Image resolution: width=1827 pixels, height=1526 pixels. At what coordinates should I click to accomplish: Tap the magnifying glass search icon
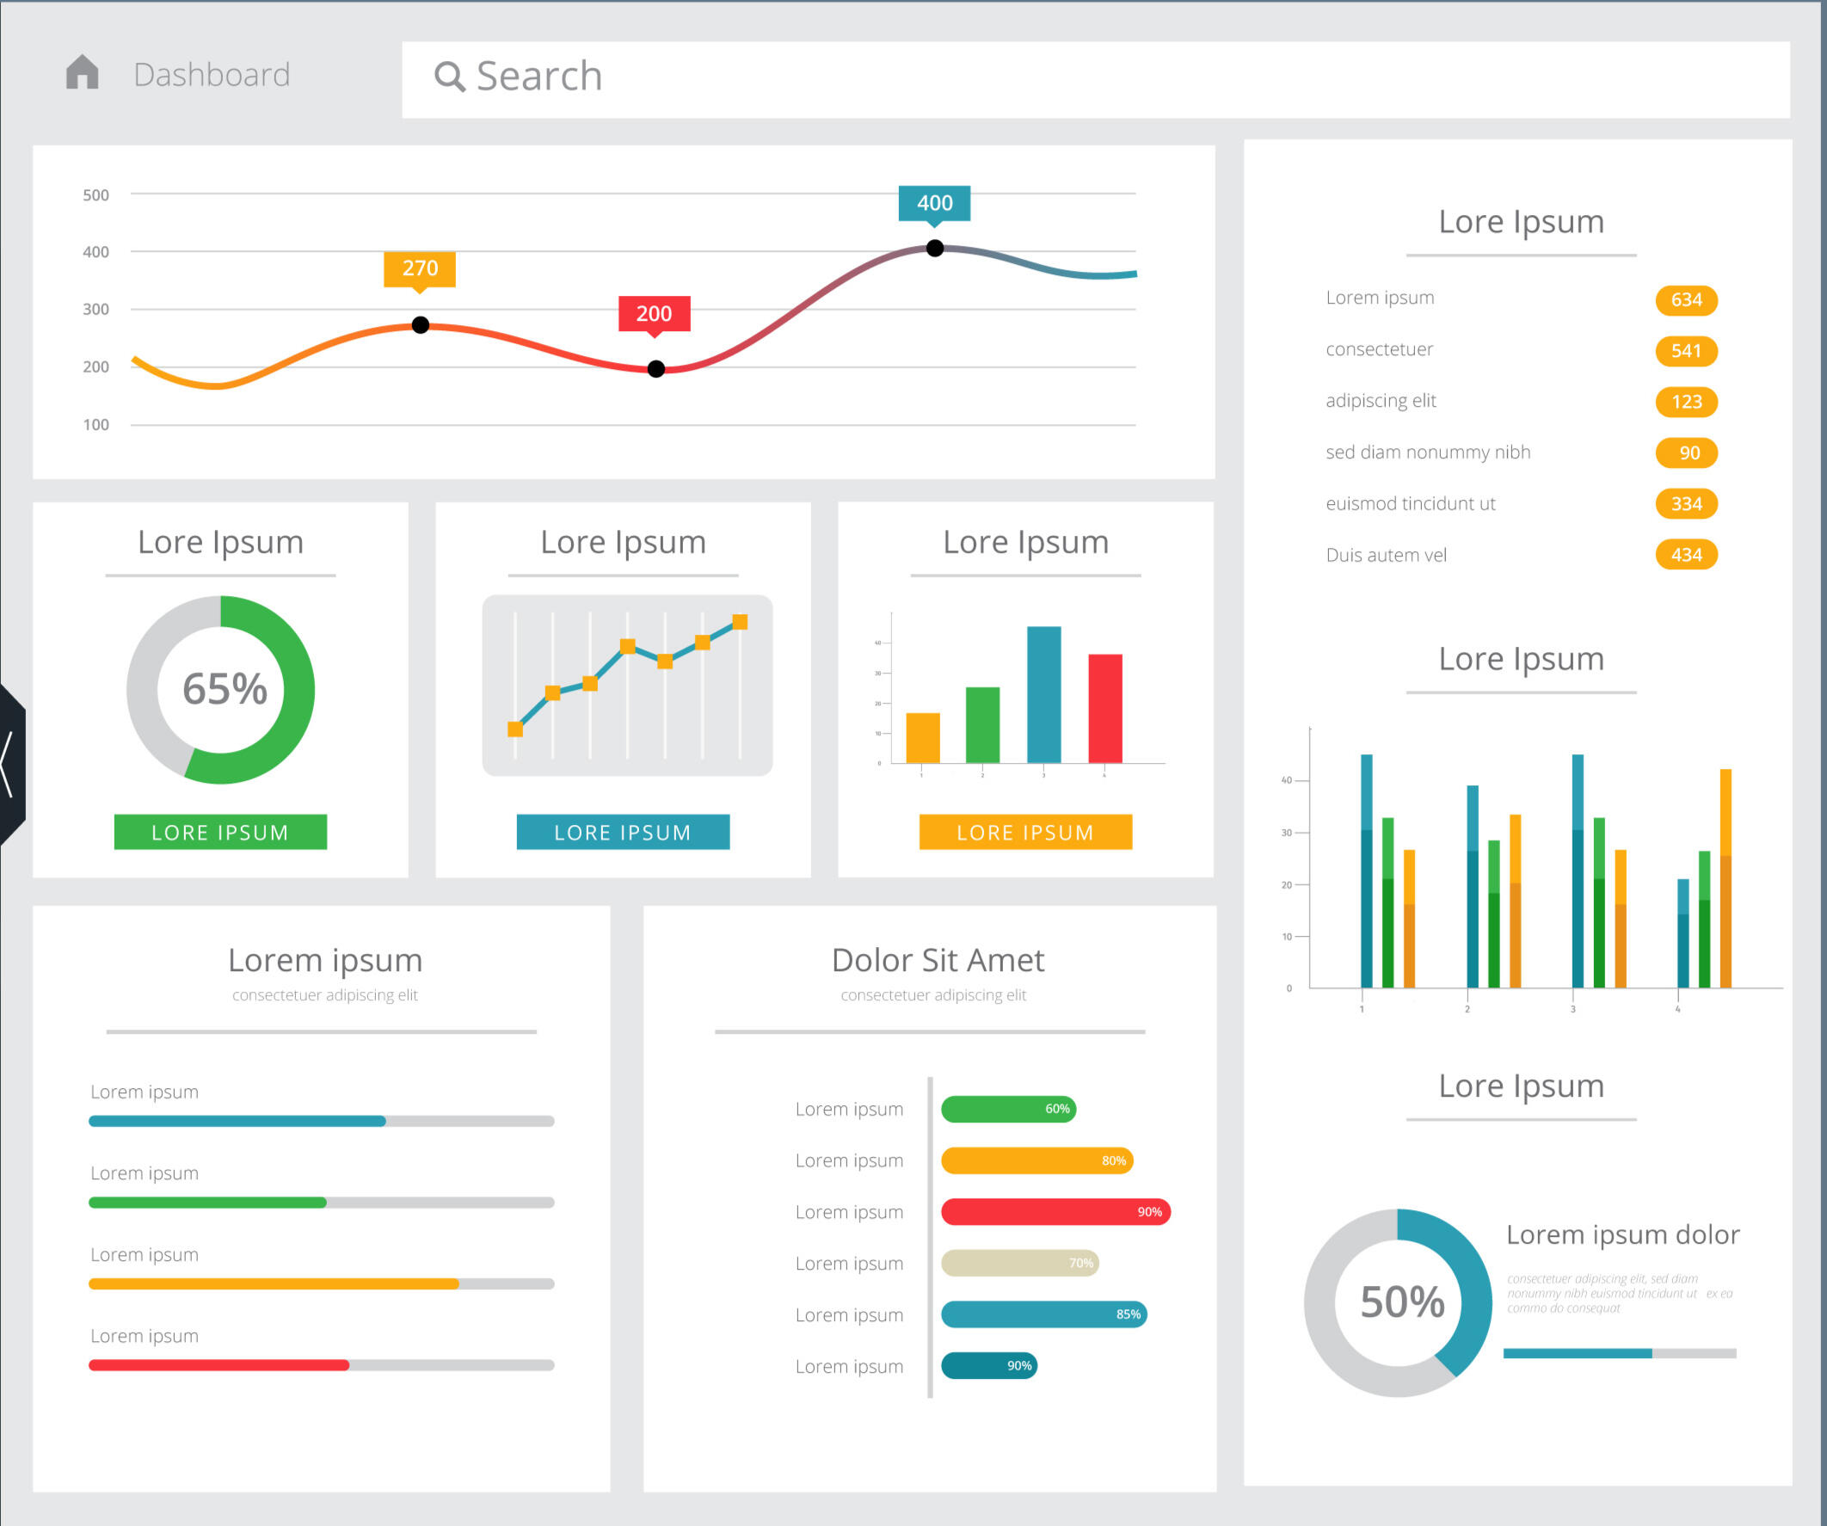pos(449,77)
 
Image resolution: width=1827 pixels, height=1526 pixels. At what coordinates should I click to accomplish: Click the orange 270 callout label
pos(420,268)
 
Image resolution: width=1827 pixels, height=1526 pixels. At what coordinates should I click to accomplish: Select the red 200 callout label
pos(655,313)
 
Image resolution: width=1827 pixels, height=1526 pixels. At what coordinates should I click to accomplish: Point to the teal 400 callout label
pos(934,203)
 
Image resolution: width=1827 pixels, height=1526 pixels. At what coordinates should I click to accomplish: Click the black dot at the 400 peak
pos(934,249)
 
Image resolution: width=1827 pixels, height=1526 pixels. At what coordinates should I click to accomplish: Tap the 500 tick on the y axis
pos(95,195)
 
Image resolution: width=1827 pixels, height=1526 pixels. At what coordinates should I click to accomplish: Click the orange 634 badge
pos(1686,300)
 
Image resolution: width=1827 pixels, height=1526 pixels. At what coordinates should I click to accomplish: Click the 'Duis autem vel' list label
pos(1386,555)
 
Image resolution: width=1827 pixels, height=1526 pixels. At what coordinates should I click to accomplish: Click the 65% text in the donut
pos(225,689)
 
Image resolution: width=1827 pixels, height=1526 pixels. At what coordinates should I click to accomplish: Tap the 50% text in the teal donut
pos(1401,1302)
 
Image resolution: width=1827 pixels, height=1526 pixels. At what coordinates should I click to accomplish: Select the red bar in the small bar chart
pos(1105,708)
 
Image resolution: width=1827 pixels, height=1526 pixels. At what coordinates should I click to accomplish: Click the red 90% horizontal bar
pos(1055,1212)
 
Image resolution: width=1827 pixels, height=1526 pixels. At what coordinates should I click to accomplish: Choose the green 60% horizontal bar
pos(1008,1110)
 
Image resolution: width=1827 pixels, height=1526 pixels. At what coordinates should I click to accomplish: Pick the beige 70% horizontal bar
pos(1019,1264)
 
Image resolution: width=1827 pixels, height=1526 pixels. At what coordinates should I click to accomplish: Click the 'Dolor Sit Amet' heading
pos(938,961)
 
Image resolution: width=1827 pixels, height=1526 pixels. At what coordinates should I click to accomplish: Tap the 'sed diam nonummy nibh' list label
pos(1428,452)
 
